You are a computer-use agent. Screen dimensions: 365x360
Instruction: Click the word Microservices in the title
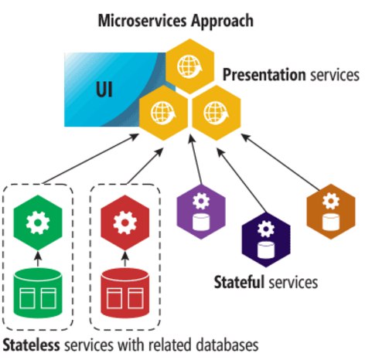tap(142, 21)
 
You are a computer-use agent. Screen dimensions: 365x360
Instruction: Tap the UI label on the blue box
tap(104, 90)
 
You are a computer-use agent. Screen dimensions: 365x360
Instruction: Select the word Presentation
tap(264, 75)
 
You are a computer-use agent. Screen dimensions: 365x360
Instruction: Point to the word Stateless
tap(31, 345)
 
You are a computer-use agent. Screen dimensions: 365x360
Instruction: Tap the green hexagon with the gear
tap(38, 222)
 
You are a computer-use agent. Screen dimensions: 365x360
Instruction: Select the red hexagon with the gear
tap(125, 222)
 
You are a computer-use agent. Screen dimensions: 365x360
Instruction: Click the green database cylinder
tap(38, 292)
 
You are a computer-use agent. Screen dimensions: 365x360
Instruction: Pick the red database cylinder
tap(125, 292)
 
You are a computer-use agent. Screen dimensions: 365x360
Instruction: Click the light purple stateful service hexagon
tap(201, 212)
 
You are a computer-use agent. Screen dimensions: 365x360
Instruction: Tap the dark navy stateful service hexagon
tap(266, 239)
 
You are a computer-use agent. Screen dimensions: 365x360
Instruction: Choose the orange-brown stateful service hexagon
tap(331, 212)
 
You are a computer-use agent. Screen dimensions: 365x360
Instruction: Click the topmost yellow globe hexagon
tap(189, 66)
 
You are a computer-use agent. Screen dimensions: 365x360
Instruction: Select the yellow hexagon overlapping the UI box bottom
tap(163, 113)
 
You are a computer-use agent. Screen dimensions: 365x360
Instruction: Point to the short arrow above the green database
tap(38, 259)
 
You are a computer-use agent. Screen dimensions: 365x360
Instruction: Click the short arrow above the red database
tap(125, 259)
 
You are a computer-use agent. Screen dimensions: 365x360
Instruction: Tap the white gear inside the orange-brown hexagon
tap(331, 201)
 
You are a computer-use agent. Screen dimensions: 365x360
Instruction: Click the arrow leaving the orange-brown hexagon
tap(280, 162)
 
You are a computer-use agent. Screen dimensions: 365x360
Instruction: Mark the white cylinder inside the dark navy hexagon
tap(266, 250)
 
